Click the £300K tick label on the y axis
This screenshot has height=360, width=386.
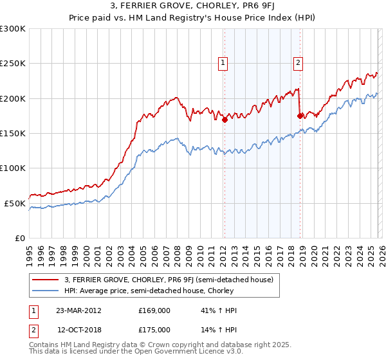point(13,29)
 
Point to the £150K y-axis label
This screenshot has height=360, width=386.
point(13,133)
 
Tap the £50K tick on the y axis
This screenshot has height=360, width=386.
point(15,203)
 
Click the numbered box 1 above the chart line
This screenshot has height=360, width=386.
point(223,63)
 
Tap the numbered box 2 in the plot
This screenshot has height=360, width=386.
point(299,63)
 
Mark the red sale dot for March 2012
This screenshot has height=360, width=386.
point(225,120)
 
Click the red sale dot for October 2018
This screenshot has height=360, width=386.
point(300,116)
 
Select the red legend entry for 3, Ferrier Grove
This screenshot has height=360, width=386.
point(169,280)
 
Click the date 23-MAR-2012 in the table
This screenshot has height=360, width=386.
point(78,310)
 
